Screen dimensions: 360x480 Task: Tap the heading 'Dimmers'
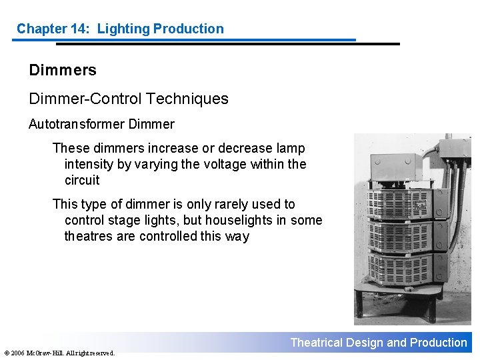tap(63, 70)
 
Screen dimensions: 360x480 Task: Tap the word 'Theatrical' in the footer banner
tap(316, 343)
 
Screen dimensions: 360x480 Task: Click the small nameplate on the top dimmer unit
tap(420, 207)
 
